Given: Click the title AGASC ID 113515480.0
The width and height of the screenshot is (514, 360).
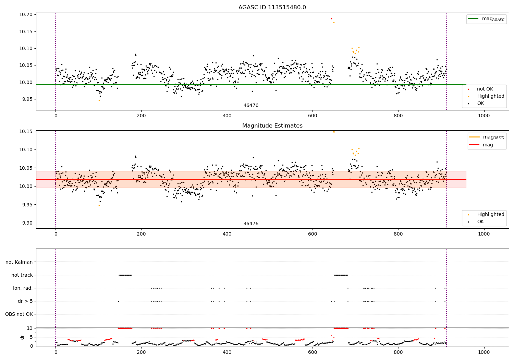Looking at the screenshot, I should coord(272,8).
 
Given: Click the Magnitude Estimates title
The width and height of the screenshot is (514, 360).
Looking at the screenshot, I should coord(272,126).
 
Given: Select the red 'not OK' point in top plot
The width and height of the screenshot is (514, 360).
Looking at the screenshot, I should coord(331,19).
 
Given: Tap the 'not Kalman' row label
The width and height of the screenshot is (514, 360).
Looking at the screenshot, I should coord(19,262).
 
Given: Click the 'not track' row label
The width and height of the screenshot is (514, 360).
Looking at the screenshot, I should coord(22,275).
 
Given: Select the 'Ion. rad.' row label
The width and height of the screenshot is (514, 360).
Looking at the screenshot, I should coord(23,288).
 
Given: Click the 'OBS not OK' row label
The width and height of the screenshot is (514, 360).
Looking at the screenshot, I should coord(19,314).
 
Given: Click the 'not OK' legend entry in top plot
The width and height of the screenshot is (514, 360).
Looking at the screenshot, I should coord(485,89).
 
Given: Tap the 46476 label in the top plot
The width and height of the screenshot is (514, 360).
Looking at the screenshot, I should coord(251,106).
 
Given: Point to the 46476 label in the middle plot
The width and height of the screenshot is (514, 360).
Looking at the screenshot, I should coord(251,224).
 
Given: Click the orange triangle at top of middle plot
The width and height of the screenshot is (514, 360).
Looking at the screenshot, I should coord(334,131).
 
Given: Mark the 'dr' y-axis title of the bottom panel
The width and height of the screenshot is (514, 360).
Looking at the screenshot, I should coord(22,337).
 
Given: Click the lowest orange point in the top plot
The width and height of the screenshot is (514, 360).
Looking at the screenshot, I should coord(99,100).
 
